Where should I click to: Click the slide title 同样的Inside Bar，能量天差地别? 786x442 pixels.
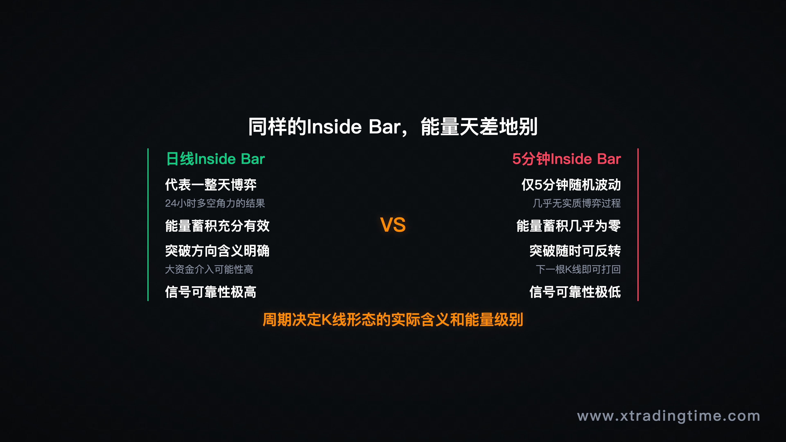(x=393, y=127)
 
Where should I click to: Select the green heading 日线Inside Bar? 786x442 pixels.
(x=215, y=159)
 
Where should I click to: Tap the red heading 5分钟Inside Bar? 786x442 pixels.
(x=566, y=159)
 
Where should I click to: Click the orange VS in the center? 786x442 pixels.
(x=393, y=225)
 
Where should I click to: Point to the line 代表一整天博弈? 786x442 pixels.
(x=211, y=185)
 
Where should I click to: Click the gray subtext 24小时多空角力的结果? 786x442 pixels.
(x=215, y=203)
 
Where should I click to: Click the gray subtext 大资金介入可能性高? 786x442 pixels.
(x=209, y=269)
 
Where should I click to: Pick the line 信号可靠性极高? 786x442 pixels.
(x=211, y=292)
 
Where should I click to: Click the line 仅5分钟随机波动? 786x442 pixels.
(x=571, y=185)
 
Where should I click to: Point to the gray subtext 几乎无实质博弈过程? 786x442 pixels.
(x=576, y=203)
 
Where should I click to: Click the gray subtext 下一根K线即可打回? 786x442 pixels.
(x=578, y=269)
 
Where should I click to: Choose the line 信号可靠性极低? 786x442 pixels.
(x=575, y=292)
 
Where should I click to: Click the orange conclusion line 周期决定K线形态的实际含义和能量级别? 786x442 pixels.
(x=393, y=320)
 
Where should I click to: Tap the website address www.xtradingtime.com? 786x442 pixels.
(x=669, y=416)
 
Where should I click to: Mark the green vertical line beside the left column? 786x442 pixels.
(x=148, y=225)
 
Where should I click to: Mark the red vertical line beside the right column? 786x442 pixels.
(x=638, y=225)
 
